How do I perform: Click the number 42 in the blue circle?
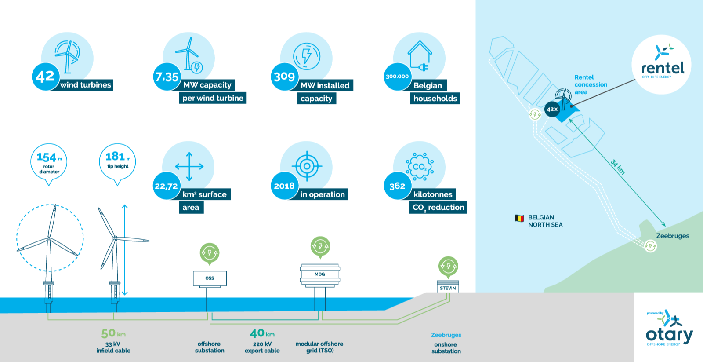pyautogui.click(x=45, y=77)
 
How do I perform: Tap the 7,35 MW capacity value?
pyautogui.click(x=167, y=77)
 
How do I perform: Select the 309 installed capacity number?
pyautogui.click(x=284, y=77)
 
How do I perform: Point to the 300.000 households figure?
pyautogui.click(x=397, y=77)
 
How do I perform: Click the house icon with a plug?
pyautogui.click(x=420, y=57)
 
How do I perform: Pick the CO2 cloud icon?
pyautogui.click(x=420, y=167)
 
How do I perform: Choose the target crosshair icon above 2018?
pyautogui.click(x=307, y=166)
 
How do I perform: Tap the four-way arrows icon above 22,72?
pyautogui.click(x=189, y=167)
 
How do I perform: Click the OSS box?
pyautogui.click(x=210, y=278)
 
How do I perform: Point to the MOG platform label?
pyautogui.click(x=320, y=274)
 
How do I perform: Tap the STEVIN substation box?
pyautogui.click(x=448, y=287)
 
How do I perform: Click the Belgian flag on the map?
pyautogui.click(x=519, y=219)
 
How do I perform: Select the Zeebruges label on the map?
pyautogui.click(x=673, y=236)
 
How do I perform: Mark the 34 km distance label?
pyautogui.click(x=618, y=167)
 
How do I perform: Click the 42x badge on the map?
pyautogui.click(x=552, y=110)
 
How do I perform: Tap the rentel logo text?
pyautogui.click(x=663, y=68)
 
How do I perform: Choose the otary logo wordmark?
pyautogui.click(x=669, y=336)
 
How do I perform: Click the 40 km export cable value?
pyautogui.click(x=262, y=333)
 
